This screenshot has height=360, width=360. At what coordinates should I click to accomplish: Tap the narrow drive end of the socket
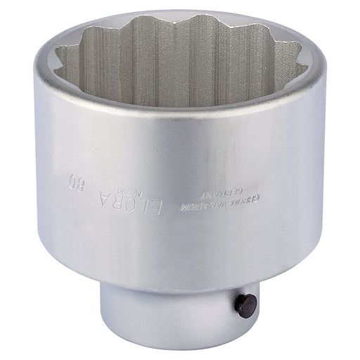183,316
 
